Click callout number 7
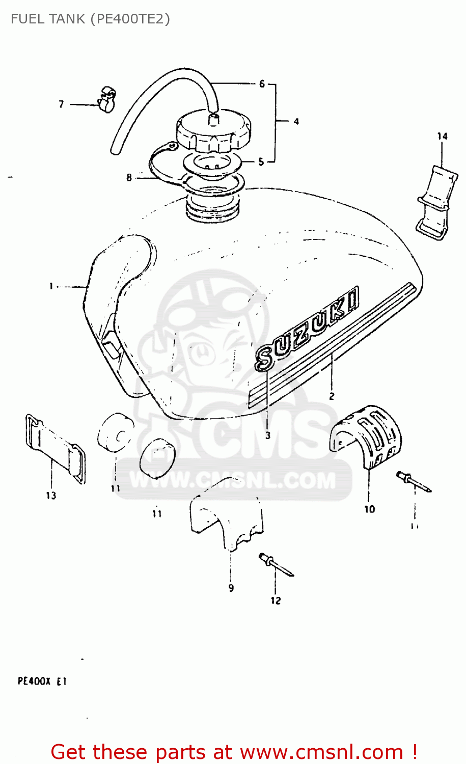coord(61,104)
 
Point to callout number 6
coord(262,84)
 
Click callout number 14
coord(442,136)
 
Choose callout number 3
coord(268,435)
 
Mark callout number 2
coord(332,396)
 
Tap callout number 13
coord(51,495)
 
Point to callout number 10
coord(369,508)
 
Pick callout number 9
coord(231,588)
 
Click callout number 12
coord(276,601)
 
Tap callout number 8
coord(129,177)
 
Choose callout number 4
coord(296,121)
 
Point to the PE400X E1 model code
coord(42,681)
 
